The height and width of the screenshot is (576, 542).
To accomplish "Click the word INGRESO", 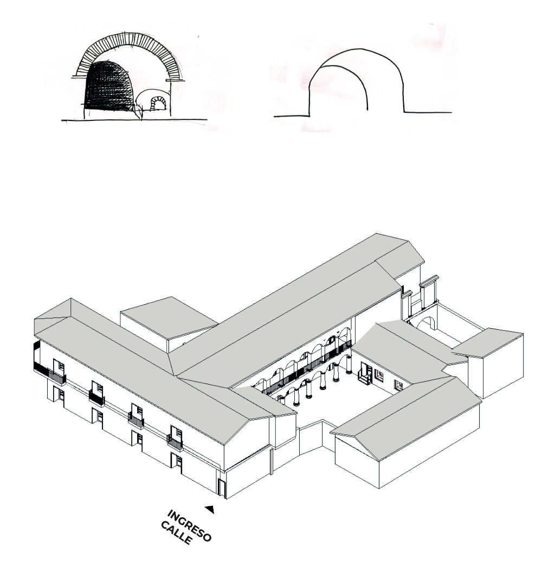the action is pyautogui.click(x=190, y=526).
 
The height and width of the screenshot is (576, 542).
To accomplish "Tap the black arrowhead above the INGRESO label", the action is pyautogui.click(x=210, y=509).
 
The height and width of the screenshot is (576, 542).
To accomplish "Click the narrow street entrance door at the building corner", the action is pyautogui.click(x=222, y=488).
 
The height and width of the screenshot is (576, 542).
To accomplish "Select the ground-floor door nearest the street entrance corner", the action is pyautogui.click(x=178, y=464).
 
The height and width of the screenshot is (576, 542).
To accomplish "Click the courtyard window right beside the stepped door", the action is pyautogui.click(x=379, y=375).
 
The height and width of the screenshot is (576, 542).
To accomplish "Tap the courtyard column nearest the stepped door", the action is pyautogui.click(x=349, y=364).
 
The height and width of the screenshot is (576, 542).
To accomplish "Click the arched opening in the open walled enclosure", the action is pyautogui.click(x=427, y=324).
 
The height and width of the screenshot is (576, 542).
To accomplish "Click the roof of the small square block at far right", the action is pyautogui.click(x=488, y=342).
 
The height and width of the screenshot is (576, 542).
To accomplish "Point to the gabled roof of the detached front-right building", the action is pyautogui.click(x=406, y=418).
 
